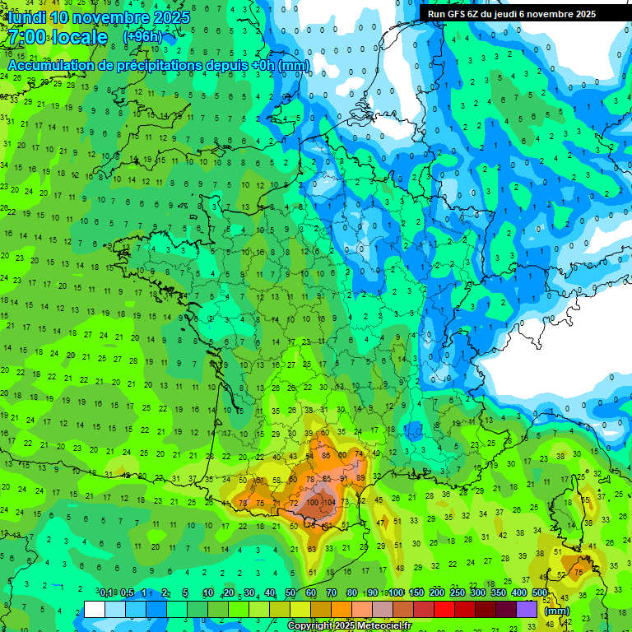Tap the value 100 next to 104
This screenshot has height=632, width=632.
(314, 501)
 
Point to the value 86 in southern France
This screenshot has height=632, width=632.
(326, 455)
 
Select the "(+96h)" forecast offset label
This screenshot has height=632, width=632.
(142, 37)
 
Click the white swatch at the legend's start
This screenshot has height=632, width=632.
(95, 610)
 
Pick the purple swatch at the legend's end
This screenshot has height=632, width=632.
(527, 610)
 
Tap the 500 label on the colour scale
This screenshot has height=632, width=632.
(540, 593)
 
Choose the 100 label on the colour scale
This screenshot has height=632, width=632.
(396, 593)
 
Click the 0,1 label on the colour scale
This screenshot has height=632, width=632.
(106, 593)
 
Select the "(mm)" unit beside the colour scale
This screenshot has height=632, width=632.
(557, 611)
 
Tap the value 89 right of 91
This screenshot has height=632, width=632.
(360, 478)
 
